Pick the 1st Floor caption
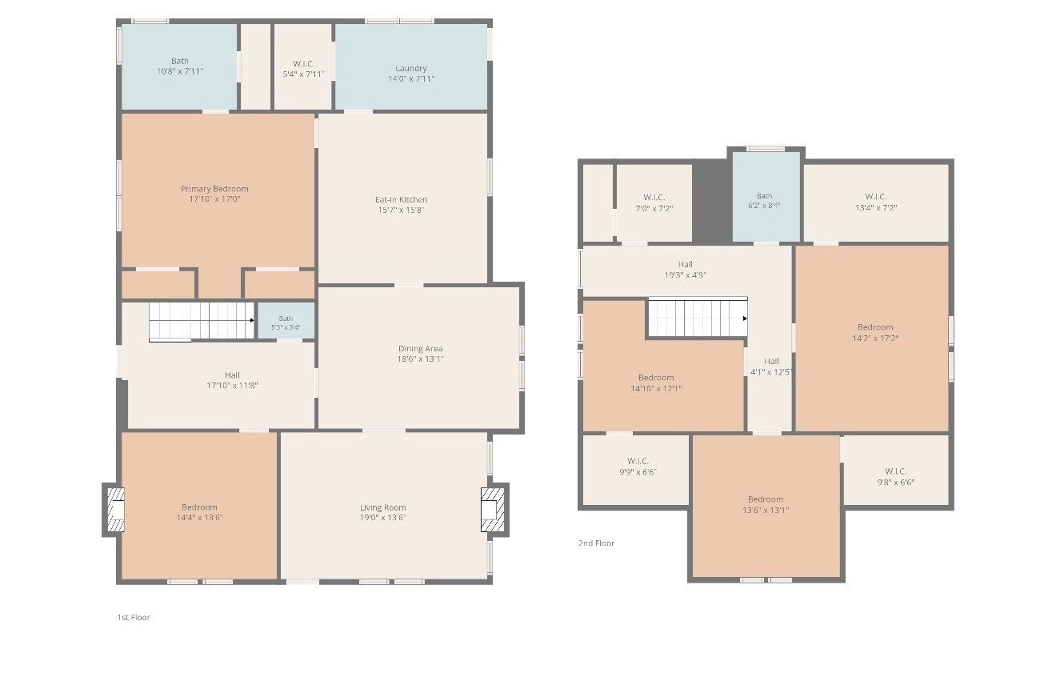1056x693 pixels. (x=134, y=617)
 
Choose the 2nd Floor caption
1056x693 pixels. (x=596, y=543)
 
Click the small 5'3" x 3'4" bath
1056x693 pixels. (x=286, y=321)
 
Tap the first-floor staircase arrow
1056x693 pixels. (x=252, y=321)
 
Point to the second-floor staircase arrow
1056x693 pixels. (x=745, y=318)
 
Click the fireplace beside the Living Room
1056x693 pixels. (x=492, y=510)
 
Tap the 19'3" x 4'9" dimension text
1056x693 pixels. (x=685, y=274)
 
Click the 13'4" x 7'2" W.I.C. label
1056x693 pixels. (x=876, y=202)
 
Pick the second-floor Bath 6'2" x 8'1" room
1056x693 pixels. (x=766, y=196)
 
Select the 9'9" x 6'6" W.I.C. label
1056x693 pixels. (x=638, y=467)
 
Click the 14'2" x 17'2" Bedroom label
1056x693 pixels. (x=875, y=332)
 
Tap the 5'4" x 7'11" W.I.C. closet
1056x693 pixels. (x=303, y=66)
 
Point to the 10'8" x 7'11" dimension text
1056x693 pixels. (x=180, y=71)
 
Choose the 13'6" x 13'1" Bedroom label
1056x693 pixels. (x=766, y=504)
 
